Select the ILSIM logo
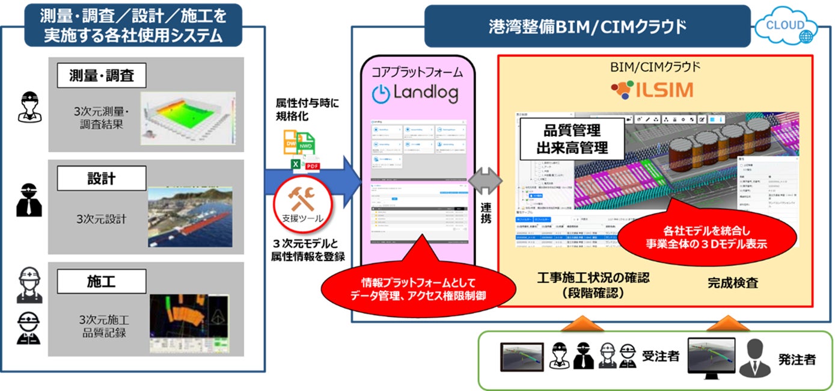point(652,90)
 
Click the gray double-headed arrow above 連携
point(484,180)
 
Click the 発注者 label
point(798,360)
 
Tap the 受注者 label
point(661,356)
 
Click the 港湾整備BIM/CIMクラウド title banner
point(587,26)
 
